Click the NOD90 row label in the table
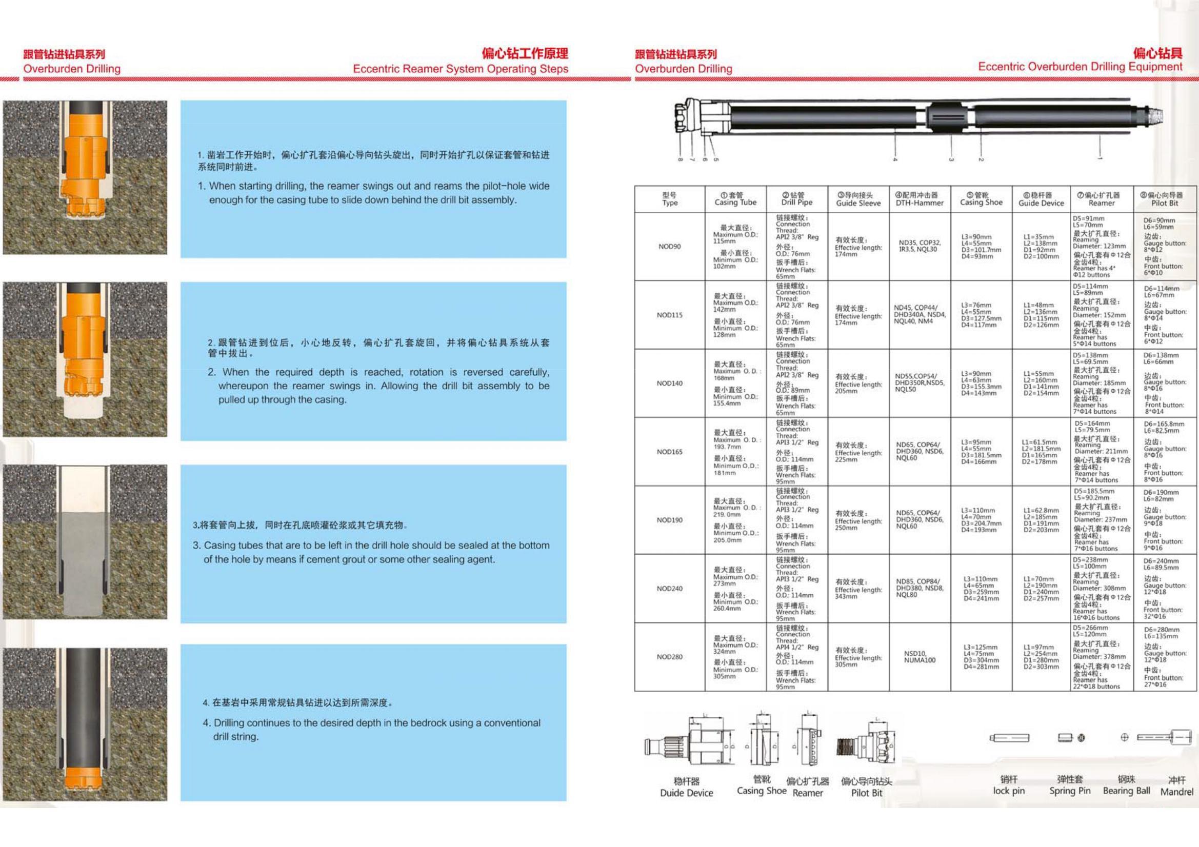[x=669, y=247]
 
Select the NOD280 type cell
[x=669, y=657]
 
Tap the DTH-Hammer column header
[x=920, y=199]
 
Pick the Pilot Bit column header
[x=1165, y=199]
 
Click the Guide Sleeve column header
[x=858, y=199]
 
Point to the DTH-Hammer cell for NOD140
[x=920, y=383]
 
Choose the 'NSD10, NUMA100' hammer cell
[x=920, y=657]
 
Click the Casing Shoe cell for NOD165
[x=981, y=452]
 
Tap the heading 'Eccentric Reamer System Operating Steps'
[x=460, y=69]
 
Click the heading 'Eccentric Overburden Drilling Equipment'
[x=1080, y=67]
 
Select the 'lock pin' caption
[x=1008, y=791]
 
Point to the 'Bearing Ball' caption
[x=1126, y=791]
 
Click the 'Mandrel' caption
[x=1176, y=792]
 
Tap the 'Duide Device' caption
[x=686, y=793]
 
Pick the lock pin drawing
[x=1009, y=738]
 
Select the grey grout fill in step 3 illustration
[x=83, y=564]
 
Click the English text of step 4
[x=376, y=730]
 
